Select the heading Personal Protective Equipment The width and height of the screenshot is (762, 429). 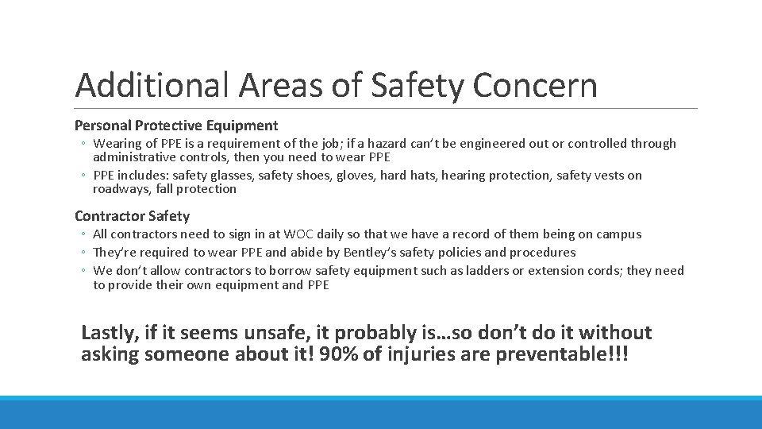pyautogui.click(x=176, y=126)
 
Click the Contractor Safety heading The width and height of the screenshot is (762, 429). pyautogui.click(x=132, y=216)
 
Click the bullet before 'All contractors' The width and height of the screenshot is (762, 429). pyautogui.click(x=83, y=234)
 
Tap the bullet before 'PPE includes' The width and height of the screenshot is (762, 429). pyautogui.click(x=83, y=176)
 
